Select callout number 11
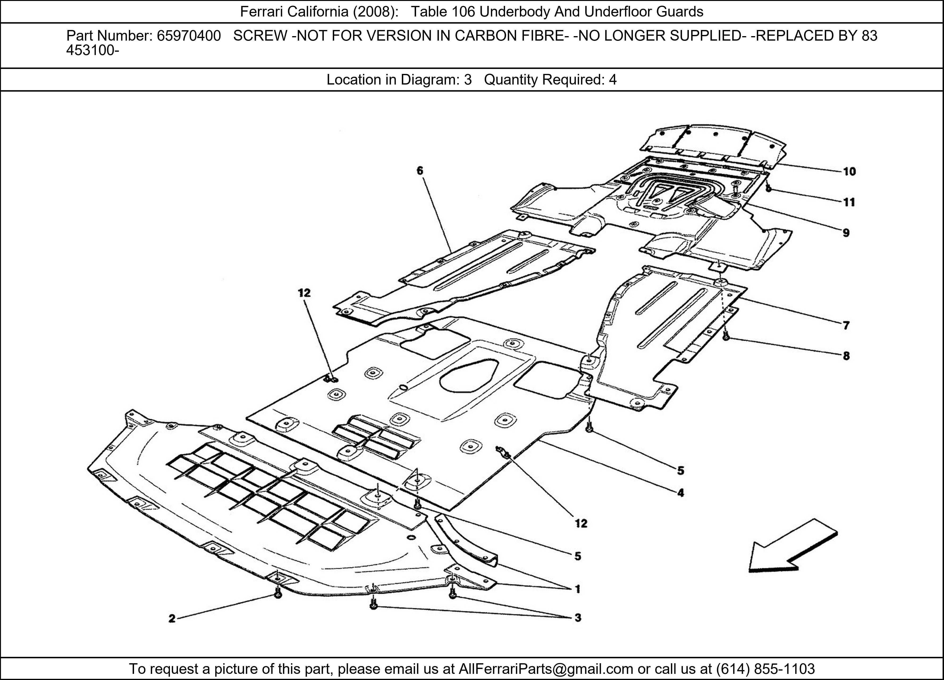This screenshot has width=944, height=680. coord(849,202)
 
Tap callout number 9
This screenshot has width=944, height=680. coord(846,233)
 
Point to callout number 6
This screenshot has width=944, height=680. coord(419,170)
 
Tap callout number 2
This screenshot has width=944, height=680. coord(172,619)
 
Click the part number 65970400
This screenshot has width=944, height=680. coord(189,36)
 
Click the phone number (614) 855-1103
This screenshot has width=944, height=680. coord(765,669)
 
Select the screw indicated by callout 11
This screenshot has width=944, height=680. coord(769,189)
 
